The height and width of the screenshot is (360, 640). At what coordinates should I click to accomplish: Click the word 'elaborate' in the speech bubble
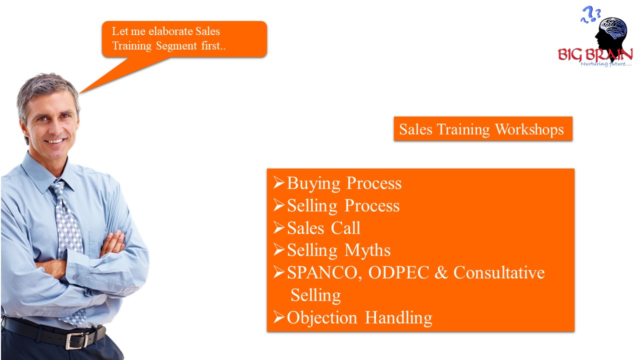(x=170, y=31)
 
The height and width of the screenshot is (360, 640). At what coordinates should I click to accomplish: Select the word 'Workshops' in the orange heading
(x=529, y=129)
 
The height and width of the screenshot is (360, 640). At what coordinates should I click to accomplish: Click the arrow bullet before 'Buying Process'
(x=278, y=182)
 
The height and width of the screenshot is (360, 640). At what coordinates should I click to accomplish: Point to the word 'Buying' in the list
(x=313, y=183)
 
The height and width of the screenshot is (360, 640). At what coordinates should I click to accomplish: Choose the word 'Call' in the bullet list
(x=345, y=228)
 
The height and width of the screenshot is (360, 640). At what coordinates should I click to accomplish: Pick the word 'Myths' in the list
(x=367, y=250)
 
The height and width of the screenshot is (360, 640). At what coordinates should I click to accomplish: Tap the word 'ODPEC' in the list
(x=398, y=272)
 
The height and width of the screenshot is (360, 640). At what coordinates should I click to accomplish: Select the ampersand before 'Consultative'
(x=441, y=272)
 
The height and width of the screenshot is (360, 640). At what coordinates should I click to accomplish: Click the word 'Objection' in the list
(x=322, y=318)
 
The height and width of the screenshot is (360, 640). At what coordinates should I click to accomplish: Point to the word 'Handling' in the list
(x=398, y=318)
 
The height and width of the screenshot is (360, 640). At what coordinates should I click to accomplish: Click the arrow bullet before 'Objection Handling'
(x=278, y=317)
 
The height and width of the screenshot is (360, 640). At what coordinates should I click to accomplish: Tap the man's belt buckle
(x=77, y=340)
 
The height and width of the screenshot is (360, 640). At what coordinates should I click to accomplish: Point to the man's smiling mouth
(x=55, y=141)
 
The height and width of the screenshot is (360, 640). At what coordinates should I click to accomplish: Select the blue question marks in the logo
(x=590, y=14)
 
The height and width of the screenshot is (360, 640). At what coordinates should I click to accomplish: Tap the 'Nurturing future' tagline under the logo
(x=606, y=64)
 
